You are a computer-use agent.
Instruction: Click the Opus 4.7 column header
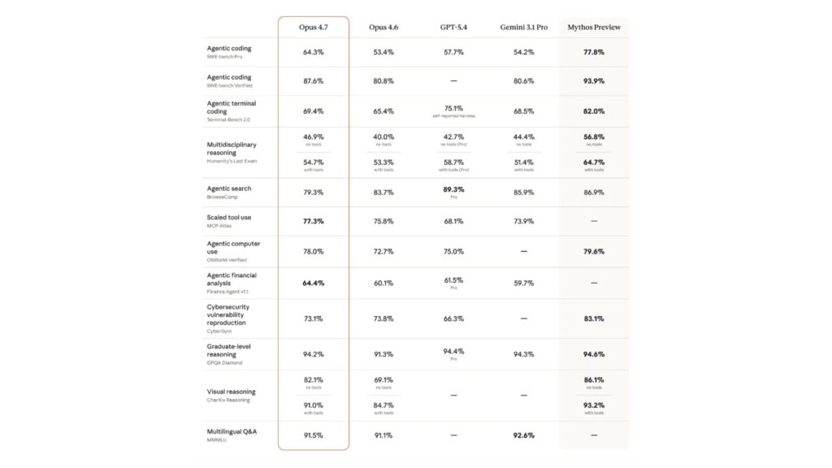click(x=313, y=27)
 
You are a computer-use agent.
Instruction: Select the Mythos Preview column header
click(x=594, y=27)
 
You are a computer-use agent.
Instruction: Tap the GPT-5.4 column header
click(x=453, y=27)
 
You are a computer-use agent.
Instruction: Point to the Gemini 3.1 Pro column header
click(x=523, y=27)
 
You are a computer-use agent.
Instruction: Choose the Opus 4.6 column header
click(x=383, y=27)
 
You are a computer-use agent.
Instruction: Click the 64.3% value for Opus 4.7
click(x=313, y=52)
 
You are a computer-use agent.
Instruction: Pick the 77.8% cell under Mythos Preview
click(x=594, y=52)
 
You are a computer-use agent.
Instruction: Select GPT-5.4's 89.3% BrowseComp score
click(x=453, y=188)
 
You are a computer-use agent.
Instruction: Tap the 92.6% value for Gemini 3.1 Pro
click(x=523, y=435)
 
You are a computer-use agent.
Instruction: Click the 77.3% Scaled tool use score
click(x=313, y=220)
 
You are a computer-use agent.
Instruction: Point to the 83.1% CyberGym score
click(x=594, y=318)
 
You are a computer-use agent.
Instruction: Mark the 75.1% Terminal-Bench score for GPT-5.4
click(x=453, y=107)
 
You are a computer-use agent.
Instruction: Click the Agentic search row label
click(x=229, y=188)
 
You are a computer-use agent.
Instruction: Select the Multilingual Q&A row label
click(x=232, y=431)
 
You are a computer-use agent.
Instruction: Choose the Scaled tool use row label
click(x=230, y=217)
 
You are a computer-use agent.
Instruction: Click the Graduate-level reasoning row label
click(x=229, y=350)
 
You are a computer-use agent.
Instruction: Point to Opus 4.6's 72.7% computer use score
click(x=383, y=252)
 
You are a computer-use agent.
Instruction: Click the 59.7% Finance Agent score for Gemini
click(x=523, y=283)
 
